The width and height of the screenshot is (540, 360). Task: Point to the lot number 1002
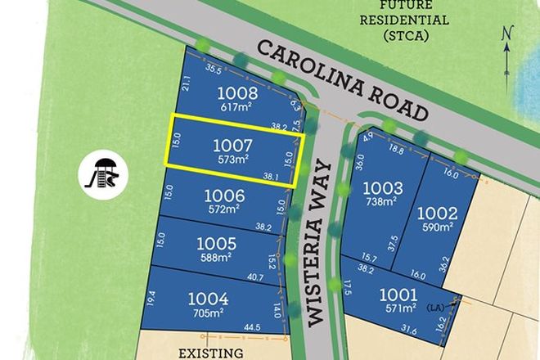[443, 213]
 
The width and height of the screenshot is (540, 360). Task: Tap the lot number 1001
[399, 294]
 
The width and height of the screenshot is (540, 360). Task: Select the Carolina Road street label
[343, 79]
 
